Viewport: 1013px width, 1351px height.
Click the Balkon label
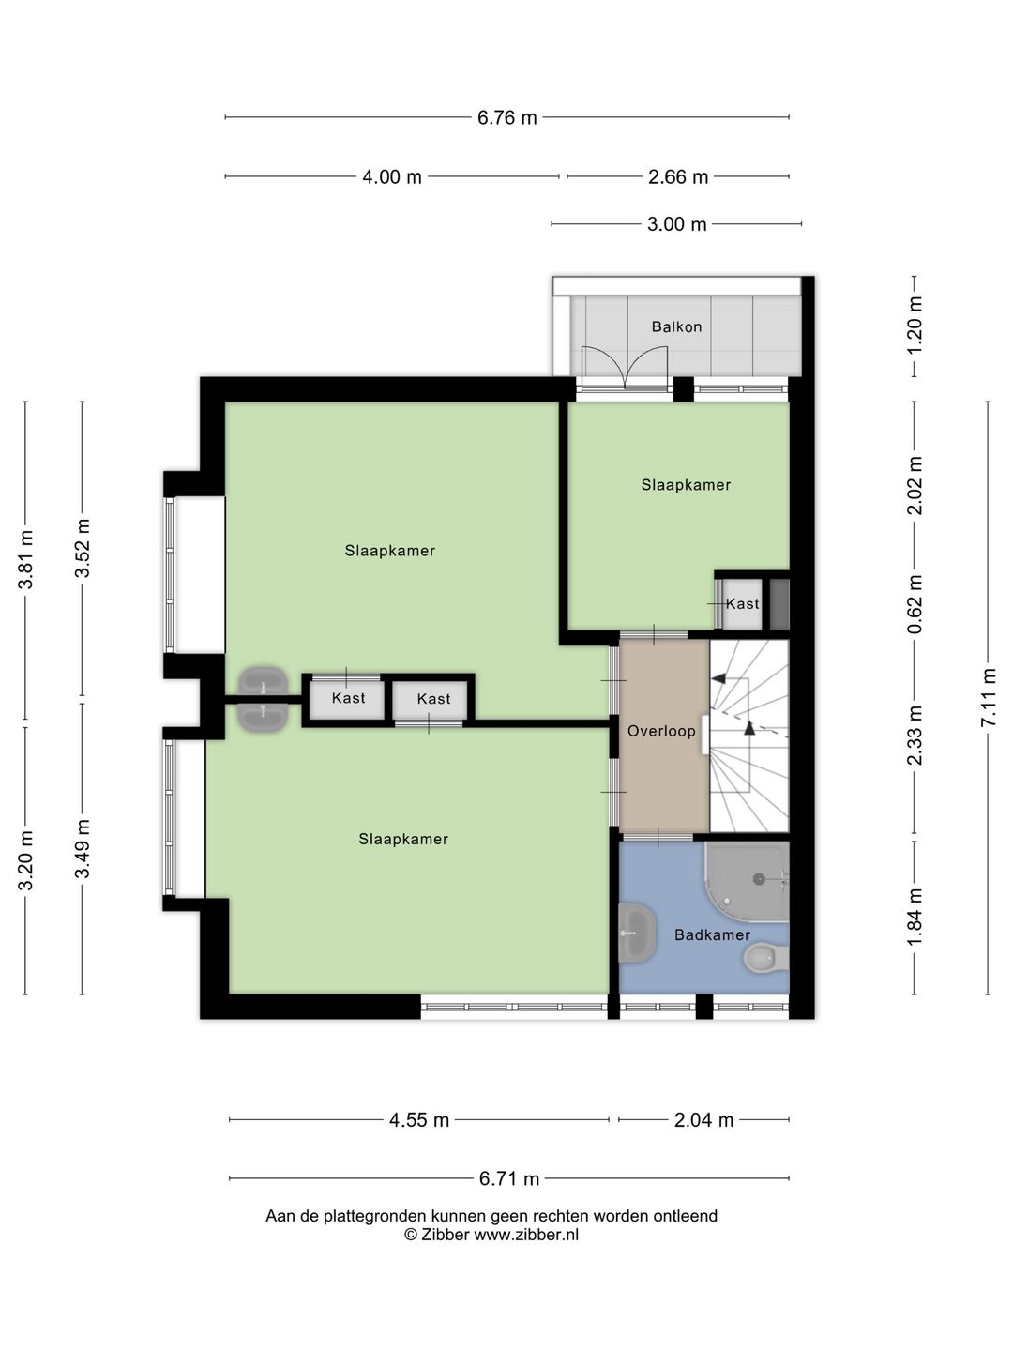pyautogui.click(x=676, y=326)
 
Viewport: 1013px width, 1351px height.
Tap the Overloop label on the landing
pyautogui.click(x=661, y=731)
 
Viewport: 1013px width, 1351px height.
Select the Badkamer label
pyautogui.click(x=712, y=935)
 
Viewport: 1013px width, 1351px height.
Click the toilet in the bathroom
pyautogui.click(x=765, y=958)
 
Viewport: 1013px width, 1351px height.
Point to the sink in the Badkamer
pyautogui.click(x=637, y=934)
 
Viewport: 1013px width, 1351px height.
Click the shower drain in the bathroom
pyautogui.click(x=759, y=879)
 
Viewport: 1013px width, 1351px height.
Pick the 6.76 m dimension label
pyautogui.click(x=506, y=117)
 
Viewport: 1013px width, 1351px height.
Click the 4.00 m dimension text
pyautogui.click(x=392, y=177)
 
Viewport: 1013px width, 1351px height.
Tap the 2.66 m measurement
pyautogui.click(x=678, y=177)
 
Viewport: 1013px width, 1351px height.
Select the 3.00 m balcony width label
pyautogui.click(x=676, y=224)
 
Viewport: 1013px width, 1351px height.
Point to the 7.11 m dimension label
pyautogui.click(x=989, y=697)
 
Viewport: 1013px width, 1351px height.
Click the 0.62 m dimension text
pyautogui.click(x=915, y=604)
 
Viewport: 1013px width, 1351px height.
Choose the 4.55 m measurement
pyautogui.click(x=419, y=1120)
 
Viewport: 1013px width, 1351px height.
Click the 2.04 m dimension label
pyautogui.click(x=703, y=1120)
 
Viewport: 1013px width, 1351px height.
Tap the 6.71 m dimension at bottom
pyautogui.click(x=509, y=1178)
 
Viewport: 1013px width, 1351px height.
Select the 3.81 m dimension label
pyautogui.click(x=25, y=559)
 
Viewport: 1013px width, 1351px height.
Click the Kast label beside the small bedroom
pyautogui.click(x=742, y=604)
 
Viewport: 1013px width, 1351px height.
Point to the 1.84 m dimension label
pyautogui.click(x=915, y=917)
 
